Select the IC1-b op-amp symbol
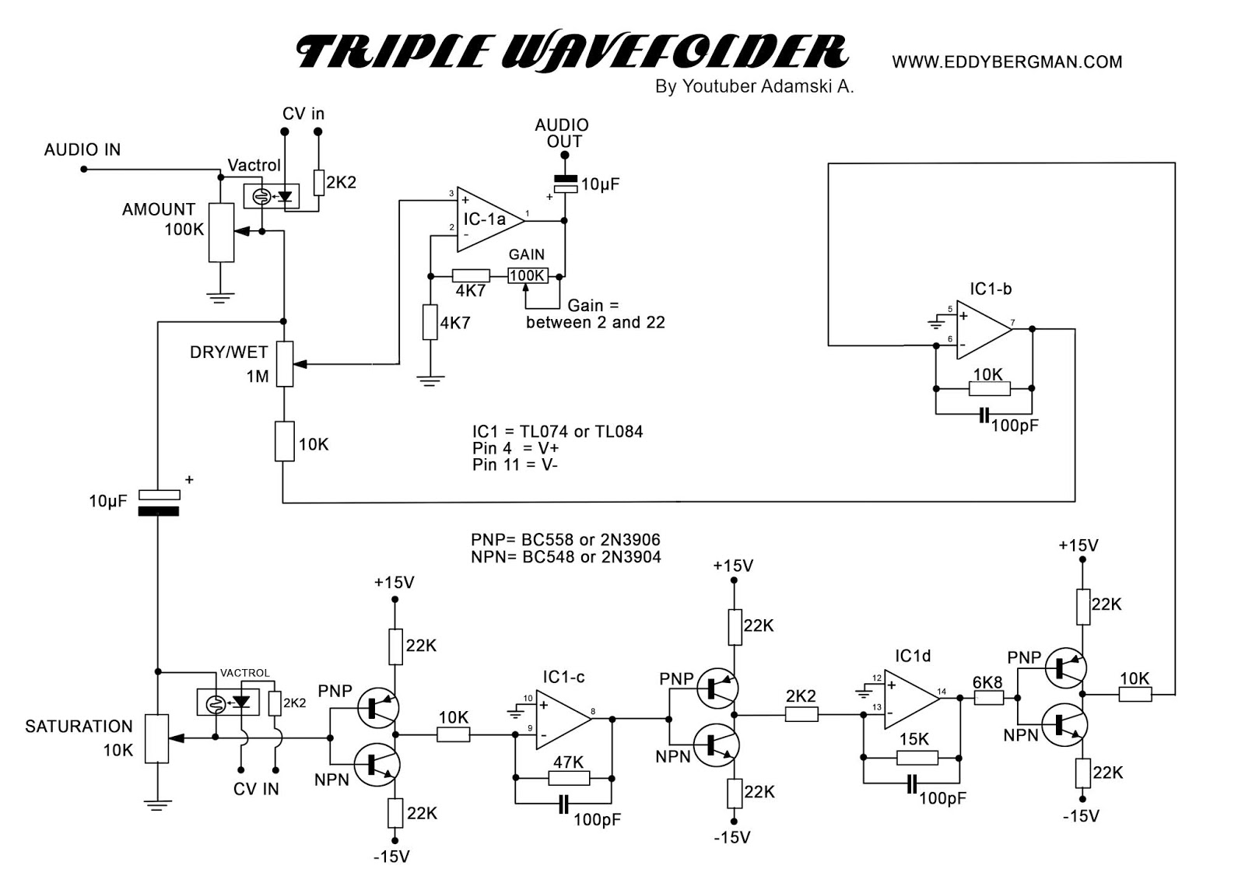click(982, 330)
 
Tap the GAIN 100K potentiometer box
click(527, 275)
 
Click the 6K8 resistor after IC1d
click(988, 699)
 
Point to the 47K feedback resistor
click(569, 777)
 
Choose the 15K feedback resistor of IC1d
click(917, 757)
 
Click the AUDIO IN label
click(82, 149)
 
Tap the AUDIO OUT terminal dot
click(564, 156)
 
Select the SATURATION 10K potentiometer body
click(157, 738)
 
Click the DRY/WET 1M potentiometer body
click(285, 363)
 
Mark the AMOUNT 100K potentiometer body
click(221, 233)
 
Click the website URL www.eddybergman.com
click(1007, 61)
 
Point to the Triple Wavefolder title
click(572, 52)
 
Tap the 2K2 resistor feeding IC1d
click(801, 714)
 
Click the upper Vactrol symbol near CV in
click(272, 196)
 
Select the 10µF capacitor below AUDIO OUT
click(564, 184)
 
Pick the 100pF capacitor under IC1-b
click(984, 415)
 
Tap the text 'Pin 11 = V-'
click(514, 465)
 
